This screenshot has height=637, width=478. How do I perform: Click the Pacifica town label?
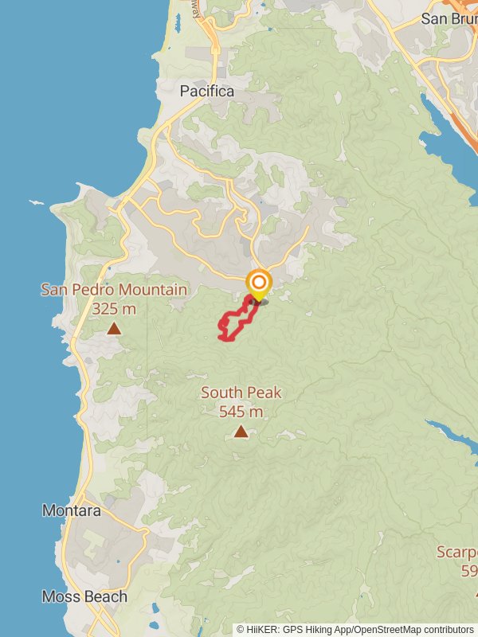pos(207,92)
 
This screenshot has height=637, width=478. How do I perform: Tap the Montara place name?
pos(72,510)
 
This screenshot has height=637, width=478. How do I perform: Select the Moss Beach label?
pos(84,596)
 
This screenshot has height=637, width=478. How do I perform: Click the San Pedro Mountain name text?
pos(114,290)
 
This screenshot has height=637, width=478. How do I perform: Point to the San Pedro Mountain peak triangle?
pos(114,328)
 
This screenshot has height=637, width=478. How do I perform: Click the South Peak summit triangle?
pos(241,432)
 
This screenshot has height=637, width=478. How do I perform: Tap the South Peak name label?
pos(241,393)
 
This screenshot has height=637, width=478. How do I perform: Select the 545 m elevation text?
pos(241,412)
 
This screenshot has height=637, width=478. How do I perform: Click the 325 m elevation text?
pos(114,308)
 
